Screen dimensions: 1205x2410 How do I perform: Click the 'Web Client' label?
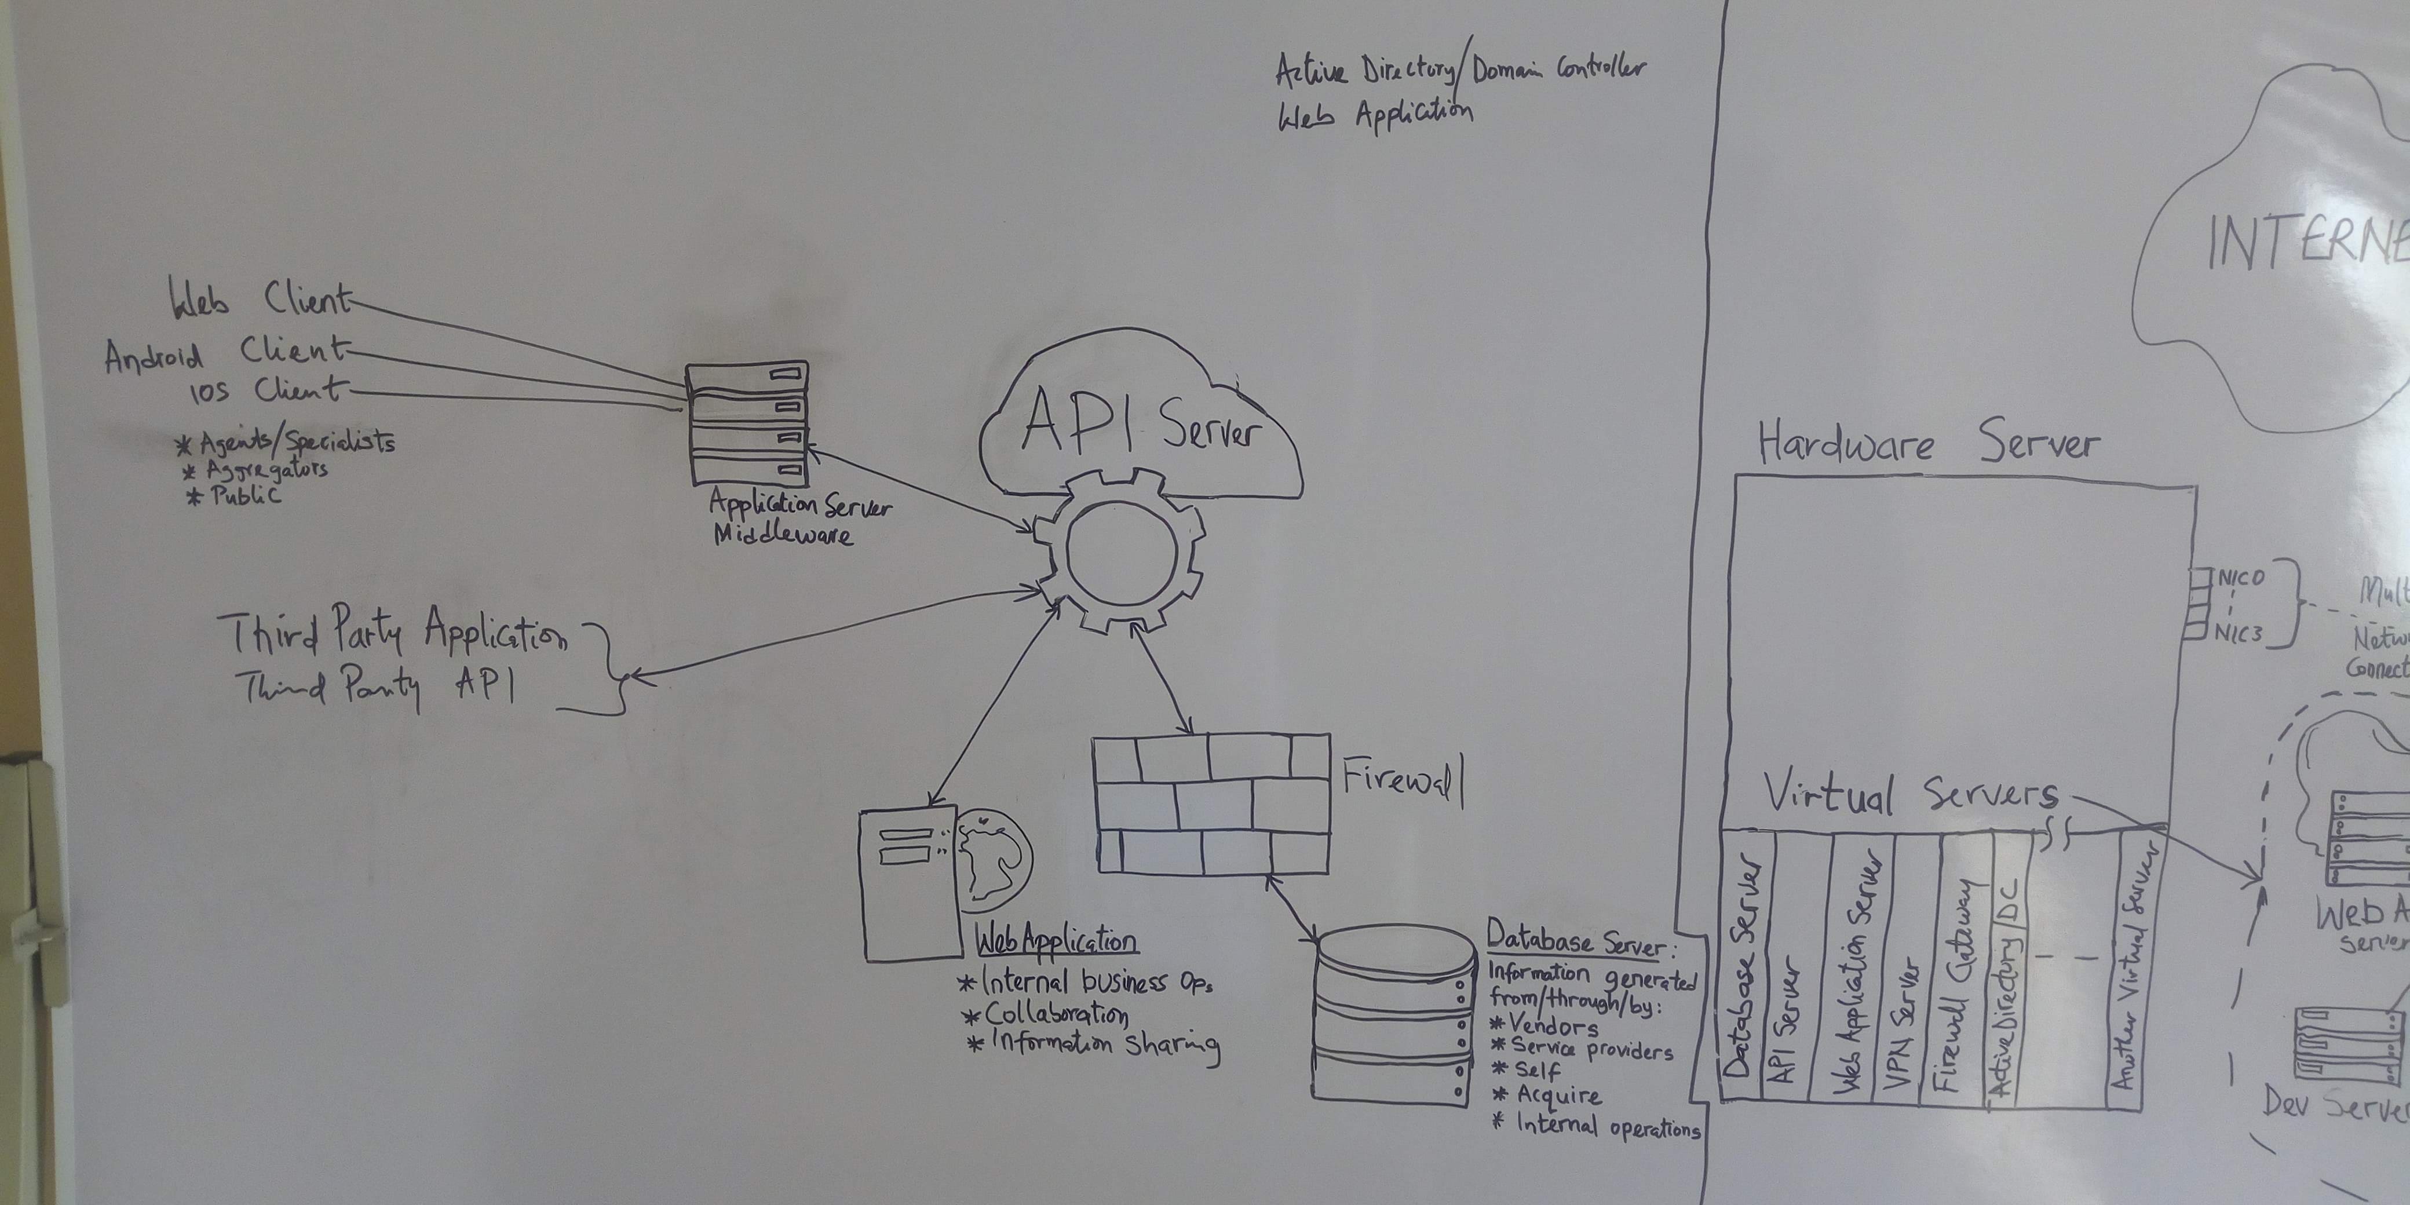coord(259,300)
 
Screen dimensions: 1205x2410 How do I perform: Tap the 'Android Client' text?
coord(225,353)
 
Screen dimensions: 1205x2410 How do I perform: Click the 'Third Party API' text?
coord(379,686)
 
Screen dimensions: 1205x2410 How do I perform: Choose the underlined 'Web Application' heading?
coord(1056,939)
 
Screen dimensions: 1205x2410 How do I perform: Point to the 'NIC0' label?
coord(2241,578)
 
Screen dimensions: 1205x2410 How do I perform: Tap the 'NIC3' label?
coord(2239,633)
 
